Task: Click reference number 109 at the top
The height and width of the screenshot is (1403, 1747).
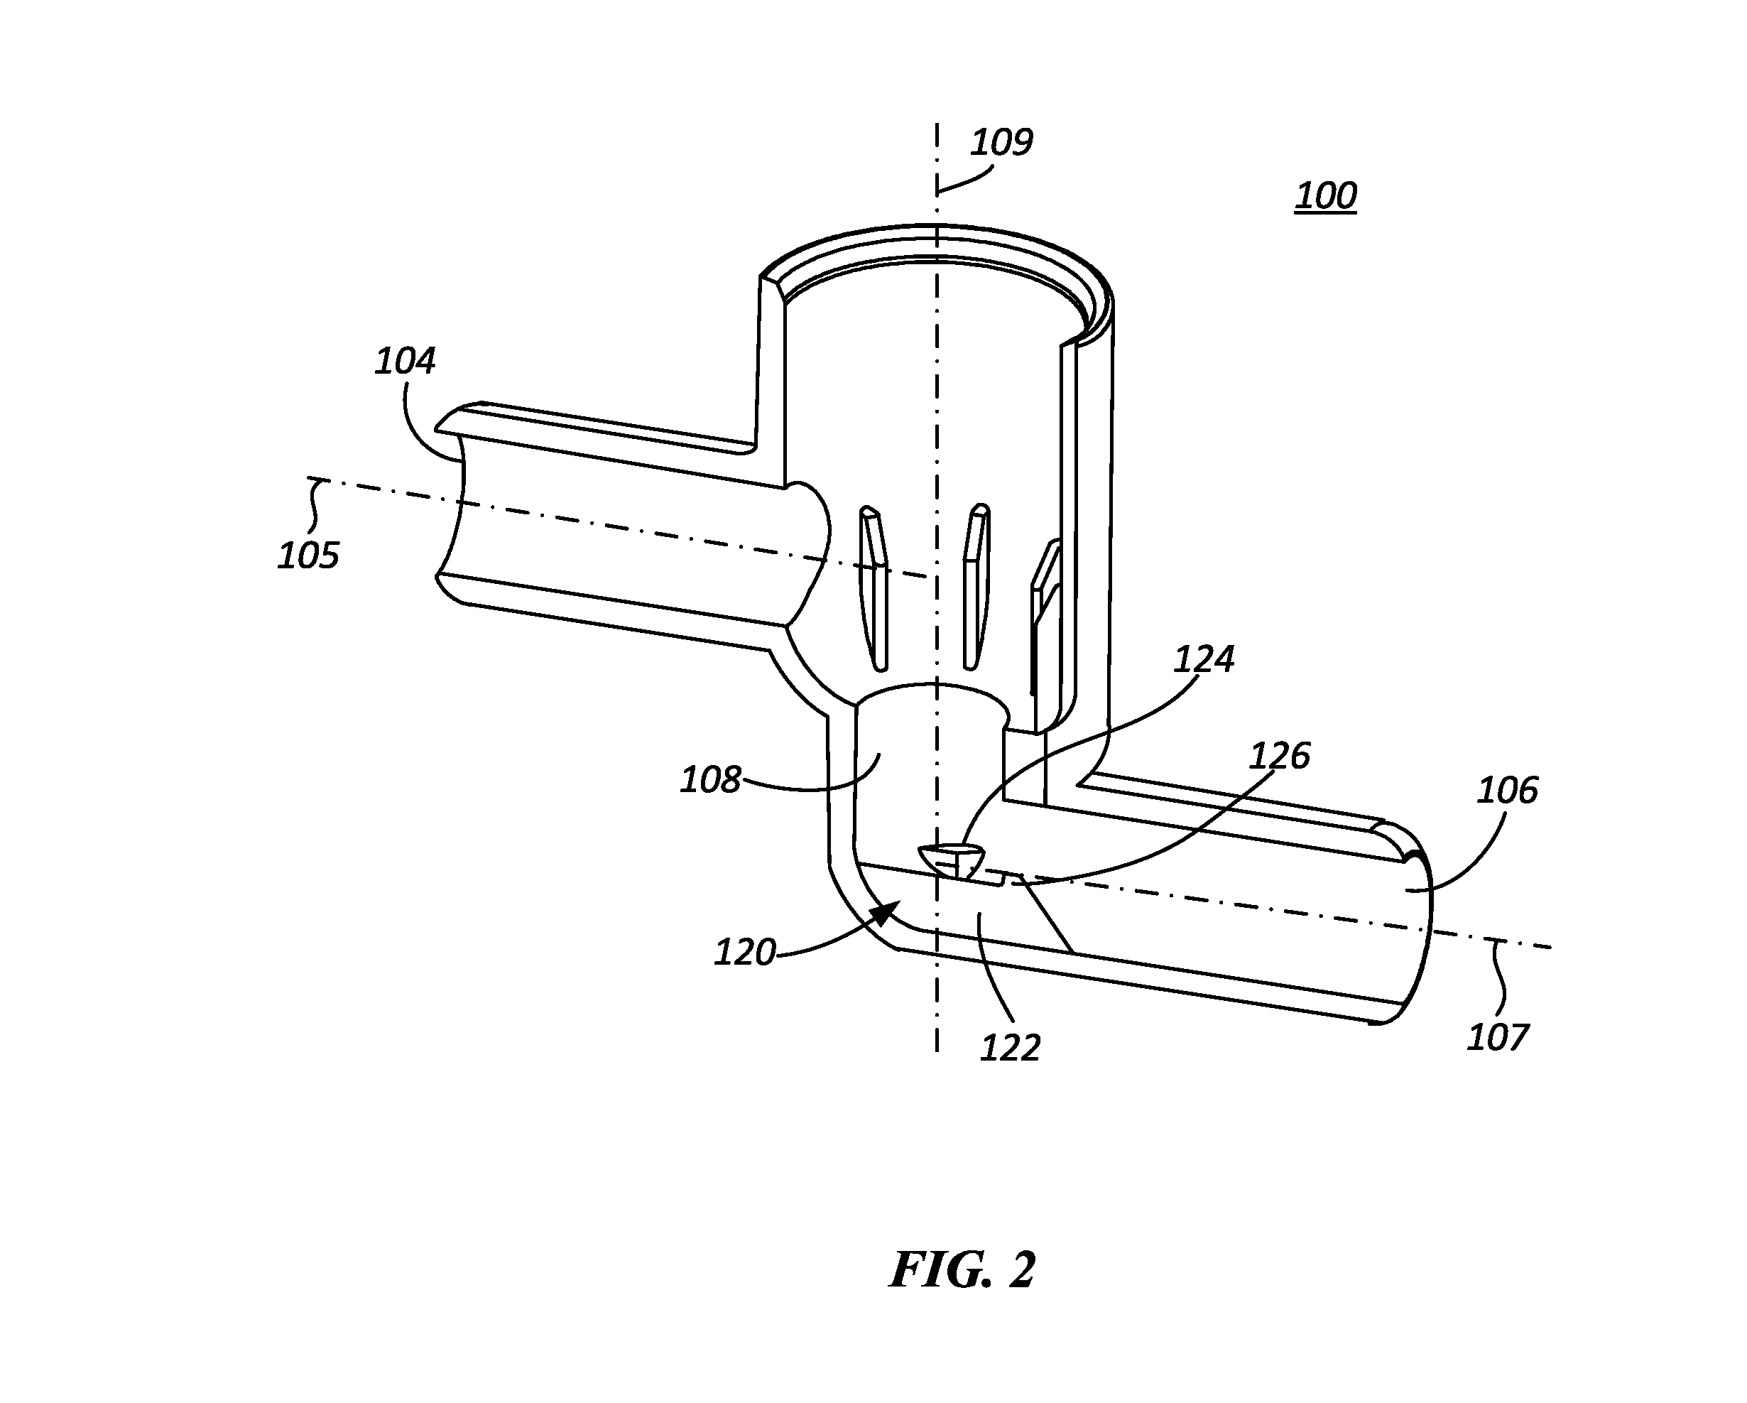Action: (1001, 143)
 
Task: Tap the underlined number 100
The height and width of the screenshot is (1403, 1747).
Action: (1326, 196)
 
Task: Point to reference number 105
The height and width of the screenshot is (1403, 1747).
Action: (308, 556)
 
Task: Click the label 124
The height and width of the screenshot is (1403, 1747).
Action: (1204, 660)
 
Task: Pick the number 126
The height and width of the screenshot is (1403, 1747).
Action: (1280, 757)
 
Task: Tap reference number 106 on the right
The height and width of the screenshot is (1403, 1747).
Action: (1507, 790)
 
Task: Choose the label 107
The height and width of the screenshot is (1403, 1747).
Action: (1498, 1037)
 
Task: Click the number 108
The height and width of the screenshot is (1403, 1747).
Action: (711, 781)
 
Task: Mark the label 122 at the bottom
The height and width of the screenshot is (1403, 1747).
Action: (1011, 1049)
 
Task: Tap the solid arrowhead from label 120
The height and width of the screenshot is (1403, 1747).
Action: (886, 914)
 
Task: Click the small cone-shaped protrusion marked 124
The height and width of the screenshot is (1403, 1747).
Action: (953, 861)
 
